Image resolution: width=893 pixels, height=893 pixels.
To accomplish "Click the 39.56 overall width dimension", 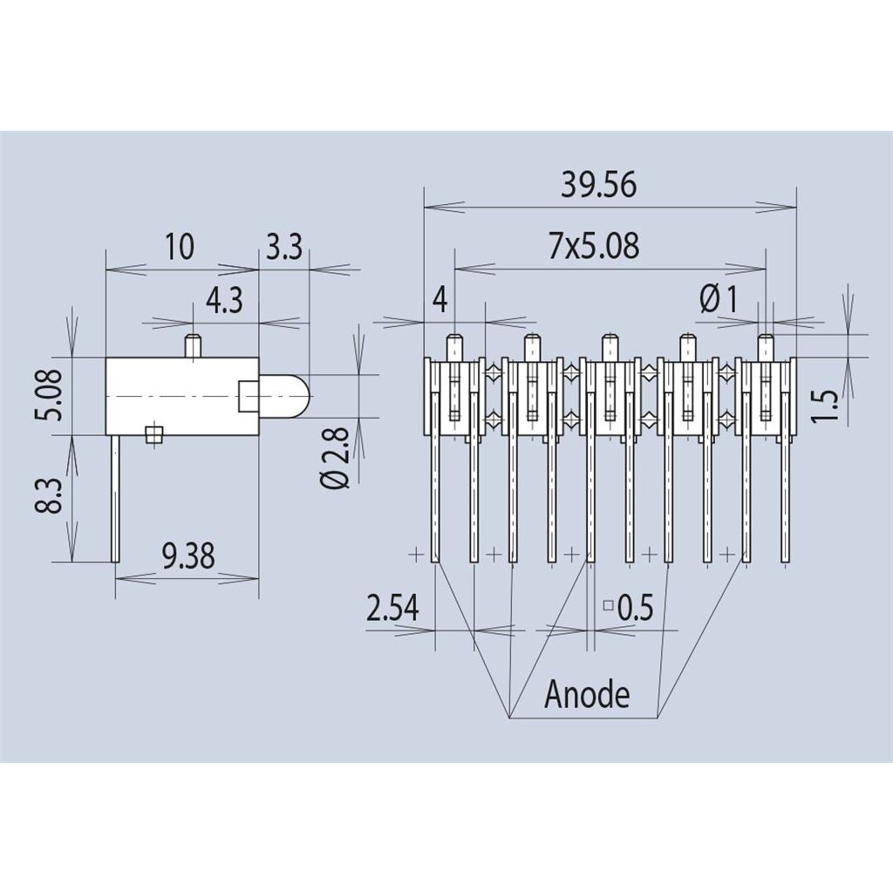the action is click(598, 185).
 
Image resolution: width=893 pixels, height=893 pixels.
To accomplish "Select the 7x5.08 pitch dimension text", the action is click(594, 245).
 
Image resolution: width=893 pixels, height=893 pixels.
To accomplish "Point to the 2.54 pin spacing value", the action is click(393, 607).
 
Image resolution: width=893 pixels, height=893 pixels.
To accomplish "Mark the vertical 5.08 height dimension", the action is click(51, 395).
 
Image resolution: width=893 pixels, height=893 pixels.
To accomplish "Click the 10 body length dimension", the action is click(180, 247).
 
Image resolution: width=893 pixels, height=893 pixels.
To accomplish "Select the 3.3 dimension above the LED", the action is click(284, 247).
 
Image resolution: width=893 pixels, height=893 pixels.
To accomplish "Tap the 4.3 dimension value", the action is click(224, 300).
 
